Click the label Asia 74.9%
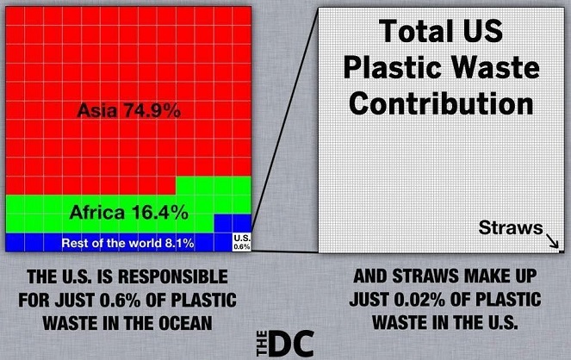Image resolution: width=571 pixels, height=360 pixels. click(x=129, y=110)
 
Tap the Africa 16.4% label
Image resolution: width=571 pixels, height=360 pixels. click(x=129, y=212)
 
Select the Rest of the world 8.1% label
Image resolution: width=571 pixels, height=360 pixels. click(x=127, y=243)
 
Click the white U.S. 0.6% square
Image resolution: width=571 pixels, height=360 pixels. click(x=242, y=242)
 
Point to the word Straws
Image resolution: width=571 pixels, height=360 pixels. click(x=511, y=228)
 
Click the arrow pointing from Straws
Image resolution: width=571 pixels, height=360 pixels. click(x=552, y=240)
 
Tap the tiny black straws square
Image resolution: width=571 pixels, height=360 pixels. click(x=562, y=251)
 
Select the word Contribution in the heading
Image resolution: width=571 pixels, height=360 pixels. click(x=441, y=103)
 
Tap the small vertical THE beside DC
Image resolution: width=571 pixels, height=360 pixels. click(x=262, y=344)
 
